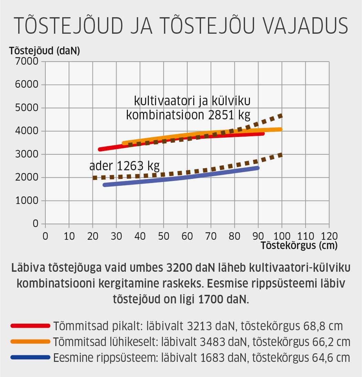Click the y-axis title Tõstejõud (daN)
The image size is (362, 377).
pyautogui.click(x=45, y=52)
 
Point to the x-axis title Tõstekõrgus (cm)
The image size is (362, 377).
pyautogui.click(x=299, y=246)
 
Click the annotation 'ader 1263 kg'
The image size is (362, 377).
pyautogui.click(x=124, y=166)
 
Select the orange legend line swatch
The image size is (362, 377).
pyautogui.click(x=30, y=341)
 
